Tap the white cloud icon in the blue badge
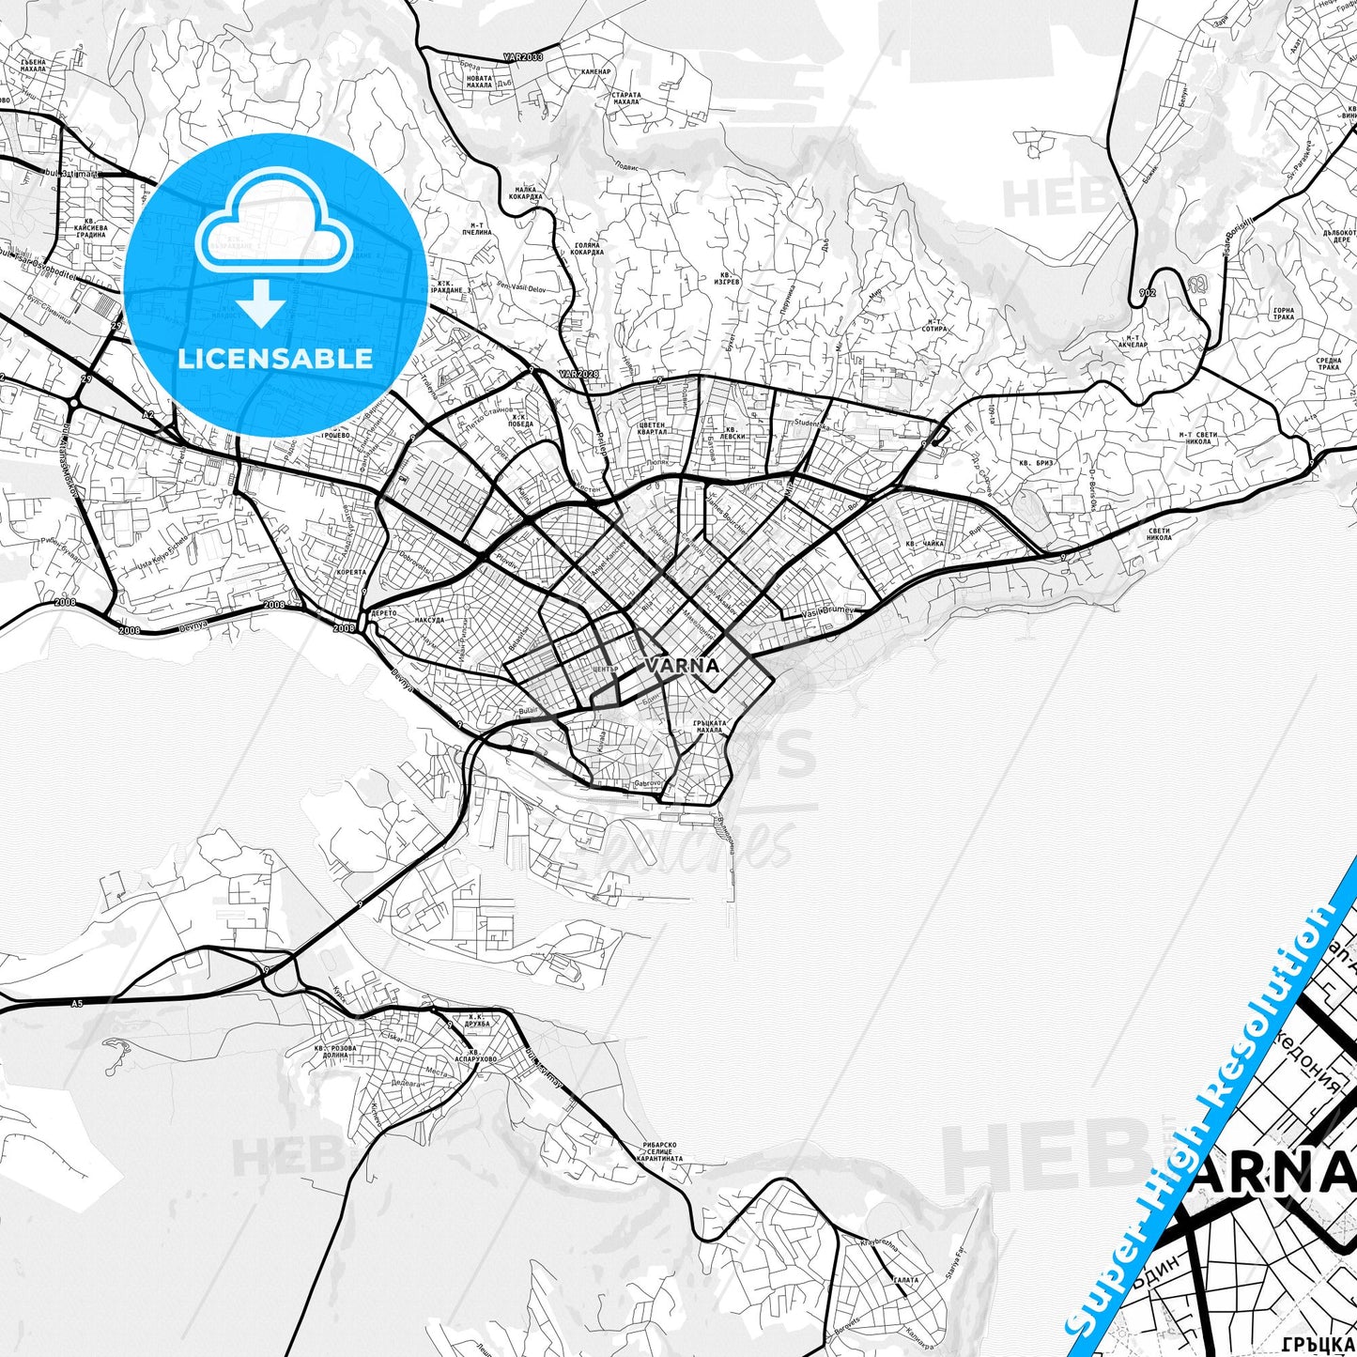point(274,226)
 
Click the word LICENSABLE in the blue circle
point(274,359)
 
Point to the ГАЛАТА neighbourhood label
point(905,1280)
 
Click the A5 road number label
point(77,1004)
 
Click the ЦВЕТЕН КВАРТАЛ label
point(652,429)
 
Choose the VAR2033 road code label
point(523,57)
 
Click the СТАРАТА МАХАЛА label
point(625,99)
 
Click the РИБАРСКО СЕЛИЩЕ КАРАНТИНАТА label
point(661,1151)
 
